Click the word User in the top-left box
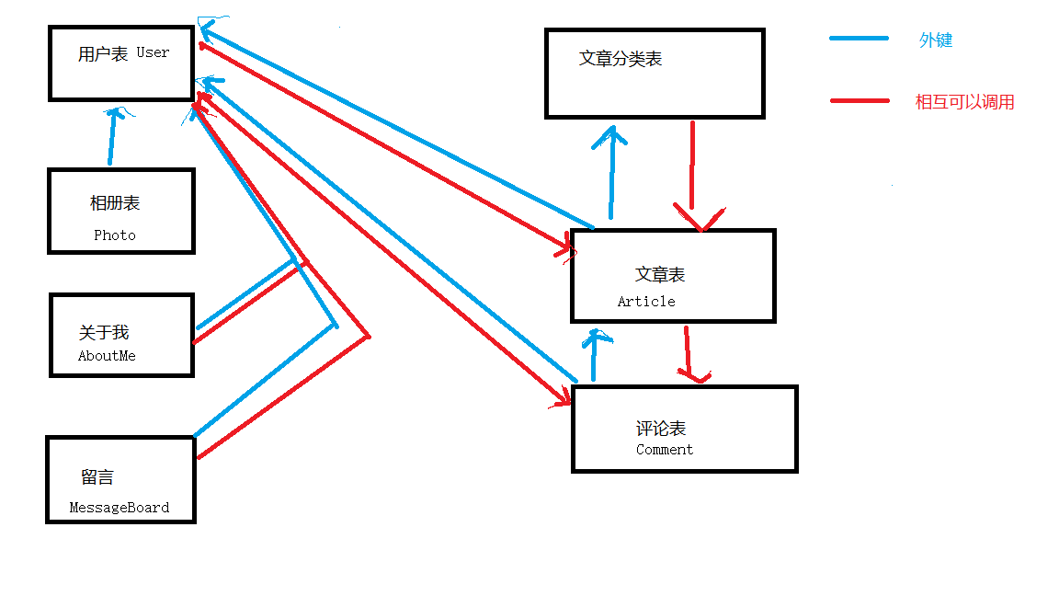point(154,52)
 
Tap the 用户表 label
point(103,54)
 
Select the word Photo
point(115,235)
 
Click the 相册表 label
point(115,203)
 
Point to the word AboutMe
point(107,356)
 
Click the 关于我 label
point(104,333)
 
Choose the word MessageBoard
point(120,508)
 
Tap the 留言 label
point(97,477)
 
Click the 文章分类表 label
point(621,59)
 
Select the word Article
point(646,302)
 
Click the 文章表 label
point(660,274)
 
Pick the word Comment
point(665,450)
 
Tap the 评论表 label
point(661,429)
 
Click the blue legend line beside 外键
point(860,39)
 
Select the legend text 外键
point(936,40)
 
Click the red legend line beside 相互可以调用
point(860,100)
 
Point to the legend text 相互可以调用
point(965,102)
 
